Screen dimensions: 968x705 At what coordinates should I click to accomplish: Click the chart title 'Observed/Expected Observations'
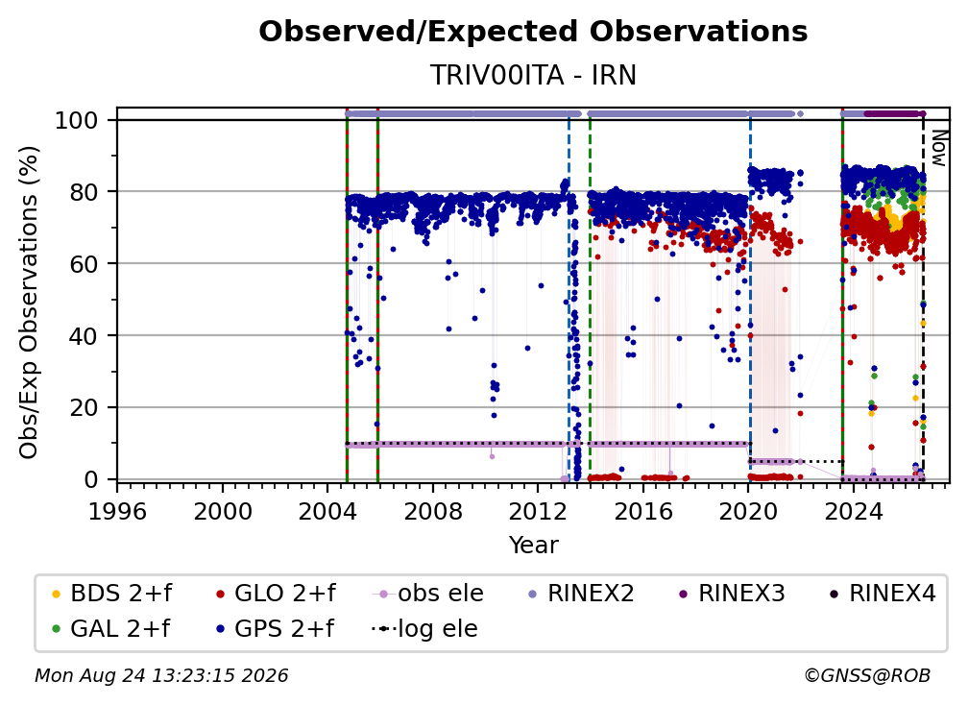[533, 32]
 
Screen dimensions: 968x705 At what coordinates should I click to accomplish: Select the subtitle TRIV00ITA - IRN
[533, 75]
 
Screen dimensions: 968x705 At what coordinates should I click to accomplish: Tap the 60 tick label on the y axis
[84, 264]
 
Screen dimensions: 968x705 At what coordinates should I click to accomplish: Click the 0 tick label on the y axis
[91, 479]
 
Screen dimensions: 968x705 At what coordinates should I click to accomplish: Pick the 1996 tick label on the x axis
[117, 512]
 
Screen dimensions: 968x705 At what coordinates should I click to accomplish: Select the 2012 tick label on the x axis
[538, 512]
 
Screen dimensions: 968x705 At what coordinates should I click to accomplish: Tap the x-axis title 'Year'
[533, 546]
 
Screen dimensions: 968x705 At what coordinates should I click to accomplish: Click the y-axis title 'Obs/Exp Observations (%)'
[29, 303]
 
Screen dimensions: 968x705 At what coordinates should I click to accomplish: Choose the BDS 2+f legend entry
[111, 594]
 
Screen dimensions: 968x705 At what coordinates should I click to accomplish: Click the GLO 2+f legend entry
[276, 594]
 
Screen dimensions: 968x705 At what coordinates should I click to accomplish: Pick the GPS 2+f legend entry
[275, 629]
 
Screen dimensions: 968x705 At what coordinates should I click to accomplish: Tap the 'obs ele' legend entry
[428, 594]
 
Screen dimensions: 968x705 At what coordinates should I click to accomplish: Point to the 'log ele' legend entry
[424, 629]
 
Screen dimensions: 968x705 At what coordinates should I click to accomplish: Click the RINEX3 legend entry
[732, 594]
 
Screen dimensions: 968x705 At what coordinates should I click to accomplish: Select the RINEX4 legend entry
[883, 594]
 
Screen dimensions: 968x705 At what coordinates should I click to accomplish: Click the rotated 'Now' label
[938, 148]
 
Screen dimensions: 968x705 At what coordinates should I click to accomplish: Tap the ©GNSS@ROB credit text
[867, 676]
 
